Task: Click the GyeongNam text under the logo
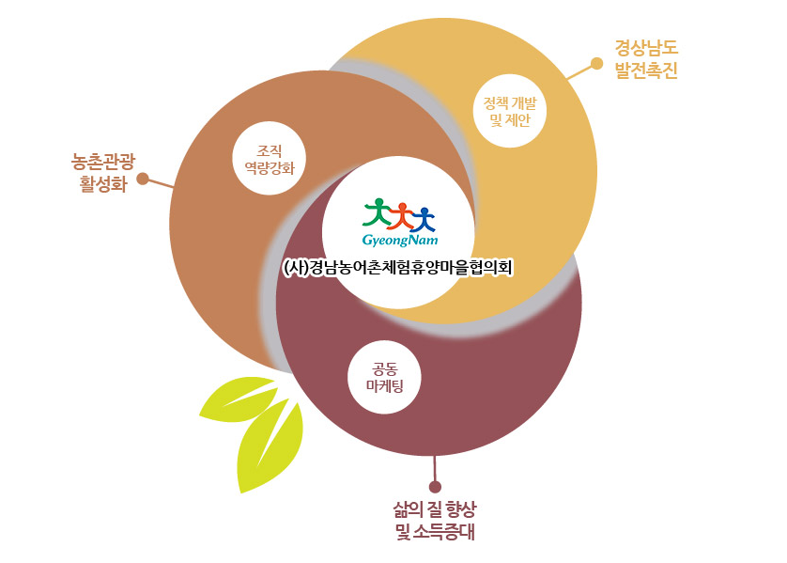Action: tap(400, 241)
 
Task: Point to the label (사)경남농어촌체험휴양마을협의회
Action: tap(400, 267)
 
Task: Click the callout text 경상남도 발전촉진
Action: tap(645, 58)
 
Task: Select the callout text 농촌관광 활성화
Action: tap(103, 170)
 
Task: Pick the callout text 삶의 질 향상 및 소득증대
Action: tap(435, 521)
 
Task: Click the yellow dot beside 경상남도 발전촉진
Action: tap(596, 64)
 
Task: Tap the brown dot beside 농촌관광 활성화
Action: tap(143, 178)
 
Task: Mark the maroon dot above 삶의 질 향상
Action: tap(435, 486)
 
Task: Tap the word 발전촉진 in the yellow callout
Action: tap(645, 70)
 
